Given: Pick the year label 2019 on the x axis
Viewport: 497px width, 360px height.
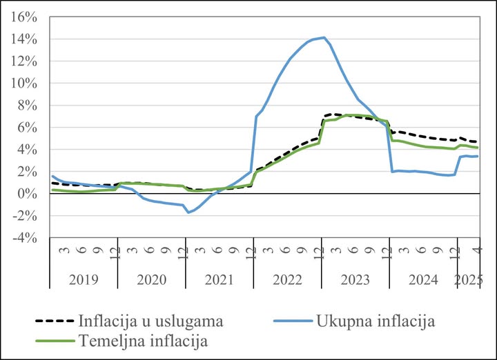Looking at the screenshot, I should point(84,279).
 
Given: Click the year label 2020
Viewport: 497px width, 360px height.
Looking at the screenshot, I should point(151,279).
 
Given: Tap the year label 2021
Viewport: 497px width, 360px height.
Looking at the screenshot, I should point(219,279).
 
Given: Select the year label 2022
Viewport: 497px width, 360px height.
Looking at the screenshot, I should point(287,279).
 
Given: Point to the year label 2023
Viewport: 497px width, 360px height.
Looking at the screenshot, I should point(355,279).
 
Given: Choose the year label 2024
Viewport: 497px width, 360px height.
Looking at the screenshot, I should point(422,279).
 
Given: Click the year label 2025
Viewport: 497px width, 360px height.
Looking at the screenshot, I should point(467,279).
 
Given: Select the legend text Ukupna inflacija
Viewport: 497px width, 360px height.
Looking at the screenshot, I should point(375,321).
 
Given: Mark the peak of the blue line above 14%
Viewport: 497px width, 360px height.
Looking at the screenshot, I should point(324,37).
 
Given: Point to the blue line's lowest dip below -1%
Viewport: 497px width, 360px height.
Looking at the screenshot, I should point(188,212).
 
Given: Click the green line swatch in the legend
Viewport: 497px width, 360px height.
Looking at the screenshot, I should point(53,341).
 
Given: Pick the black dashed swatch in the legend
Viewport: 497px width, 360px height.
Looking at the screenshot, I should point(53,321).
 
